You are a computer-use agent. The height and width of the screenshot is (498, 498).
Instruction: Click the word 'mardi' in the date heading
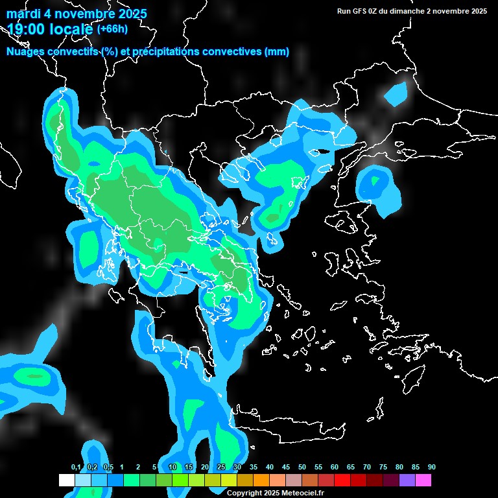click(23, 14)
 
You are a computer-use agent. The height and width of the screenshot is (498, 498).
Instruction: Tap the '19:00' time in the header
click(26, 29)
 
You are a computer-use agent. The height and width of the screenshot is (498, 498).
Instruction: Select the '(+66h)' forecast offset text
click(112, 29)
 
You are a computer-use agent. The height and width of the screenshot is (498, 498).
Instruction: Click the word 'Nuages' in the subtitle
click(27, 51)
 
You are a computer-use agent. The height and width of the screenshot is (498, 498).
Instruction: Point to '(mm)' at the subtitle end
click(276, 51)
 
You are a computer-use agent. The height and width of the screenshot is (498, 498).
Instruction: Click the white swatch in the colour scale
click(66, 480)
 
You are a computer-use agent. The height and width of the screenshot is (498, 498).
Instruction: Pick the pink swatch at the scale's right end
click(423, 480)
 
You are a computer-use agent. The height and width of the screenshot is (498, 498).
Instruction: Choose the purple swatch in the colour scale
click(407, 480)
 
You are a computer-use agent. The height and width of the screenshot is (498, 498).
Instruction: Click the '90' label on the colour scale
click(432, 467)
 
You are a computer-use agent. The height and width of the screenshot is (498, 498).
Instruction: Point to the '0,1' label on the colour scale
click(75, 467)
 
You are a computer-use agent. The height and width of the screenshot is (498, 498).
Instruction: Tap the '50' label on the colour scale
click(302, 467)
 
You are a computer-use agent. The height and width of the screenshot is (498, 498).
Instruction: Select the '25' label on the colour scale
click(221, 467)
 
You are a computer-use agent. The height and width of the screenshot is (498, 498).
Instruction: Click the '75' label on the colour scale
click(383, 467)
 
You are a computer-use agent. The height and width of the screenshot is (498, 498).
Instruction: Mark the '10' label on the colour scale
click(172, 467)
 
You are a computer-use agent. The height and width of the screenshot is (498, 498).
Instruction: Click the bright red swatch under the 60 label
click(342, 480)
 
